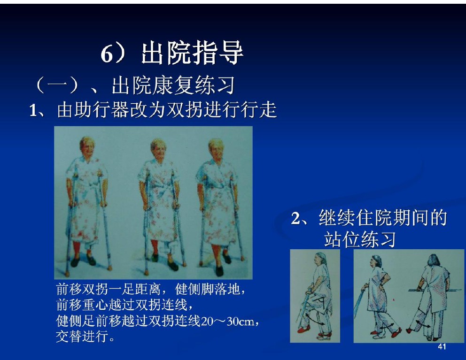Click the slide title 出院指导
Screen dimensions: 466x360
pos(192,54)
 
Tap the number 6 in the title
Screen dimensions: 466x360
pos(107,54)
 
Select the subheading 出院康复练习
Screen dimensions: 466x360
pos(173,85)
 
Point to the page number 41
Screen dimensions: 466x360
pos(442,347)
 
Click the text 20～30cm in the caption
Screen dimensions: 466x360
pos(228,322)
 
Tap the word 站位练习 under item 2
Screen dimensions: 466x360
pos(360,239)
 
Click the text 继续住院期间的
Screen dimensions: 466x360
pos(383,218)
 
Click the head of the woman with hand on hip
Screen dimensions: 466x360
pos(375,262)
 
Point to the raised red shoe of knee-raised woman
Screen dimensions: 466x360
pos(303,329)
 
